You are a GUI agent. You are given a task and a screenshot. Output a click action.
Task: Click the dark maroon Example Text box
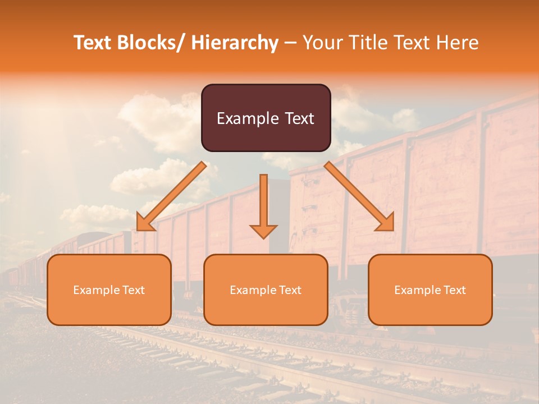(x=266, y=118)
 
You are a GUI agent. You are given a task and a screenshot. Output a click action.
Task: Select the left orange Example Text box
(x=109, y=290)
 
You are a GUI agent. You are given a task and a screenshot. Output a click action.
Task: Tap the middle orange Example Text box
(x=266, y=290)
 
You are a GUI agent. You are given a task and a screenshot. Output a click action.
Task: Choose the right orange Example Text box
(x=430, y=290)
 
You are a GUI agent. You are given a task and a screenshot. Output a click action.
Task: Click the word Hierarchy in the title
(x=234, y=43)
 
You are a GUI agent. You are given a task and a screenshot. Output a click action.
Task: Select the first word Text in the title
(x=93, y=43)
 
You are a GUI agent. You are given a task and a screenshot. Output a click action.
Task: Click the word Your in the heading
(x=321, y=43)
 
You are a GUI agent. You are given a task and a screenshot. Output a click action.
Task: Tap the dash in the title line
(x=290, y=43)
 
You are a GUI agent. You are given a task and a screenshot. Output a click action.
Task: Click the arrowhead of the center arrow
(x=263, y=231)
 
